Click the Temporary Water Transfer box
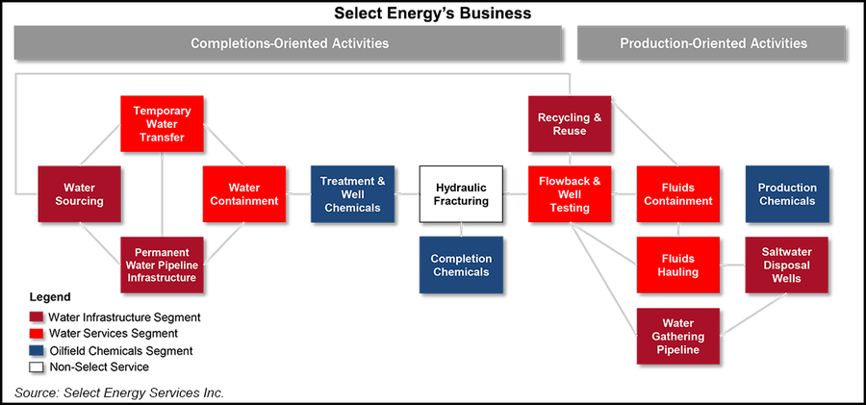click(162, 123)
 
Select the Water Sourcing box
click(79, 193)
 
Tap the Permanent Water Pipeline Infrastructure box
click(162, 265)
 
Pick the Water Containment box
click(244, 193)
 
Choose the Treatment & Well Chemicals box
click(352, 193)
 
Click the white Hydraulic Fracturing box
click(461, 193)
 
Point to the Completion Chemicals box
click(461, 265)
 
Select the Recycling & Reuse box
click(570, 123)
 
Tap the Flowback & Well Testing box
click(570, 193)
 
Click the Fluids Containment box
click(678, 193)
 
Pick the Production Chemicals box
click(787, 193)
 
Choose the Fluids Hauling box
click(678, 265)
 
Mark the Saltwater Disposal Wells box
click(787, 265)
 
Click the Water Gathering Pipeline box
click(678, 336)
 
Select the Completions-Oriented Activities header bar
click(289, 43)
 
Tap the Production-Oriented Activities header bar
click(713, 43)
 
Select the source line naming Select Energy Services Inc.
click(125, 392)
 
